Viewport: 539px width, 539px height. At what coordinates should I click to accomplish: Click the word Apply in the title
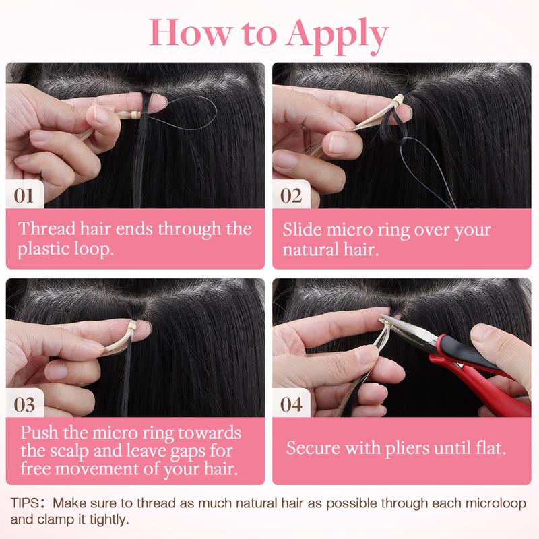pyautogui.click(x=338, y=36)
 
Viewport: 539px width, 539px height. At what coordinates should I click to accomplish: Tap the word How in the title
pyautogui.click(x=190, y=32)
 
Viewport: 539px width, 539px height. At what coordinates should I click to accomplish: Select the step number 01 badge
pyautogui.click(x=25, y=195)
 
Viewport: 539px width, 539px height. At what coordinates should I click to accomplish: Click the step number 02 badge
pyautogui.click(x=291, y=195)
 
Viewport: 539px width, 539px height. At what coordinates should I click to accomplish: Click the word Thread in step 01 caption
pyautogui.click(x=46, y=228)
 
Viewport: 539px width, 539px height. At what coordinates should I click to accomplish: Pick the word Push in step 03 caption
pyautogui.click(x=39, y=433)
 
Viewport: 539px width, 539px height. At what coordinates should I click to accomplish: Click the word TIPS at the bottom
pyautogui.click(x=25, y=503)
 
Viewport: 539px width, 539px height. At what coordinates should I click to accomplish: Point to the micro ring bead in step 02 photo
pyautogui.click(x=398, y=100)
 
